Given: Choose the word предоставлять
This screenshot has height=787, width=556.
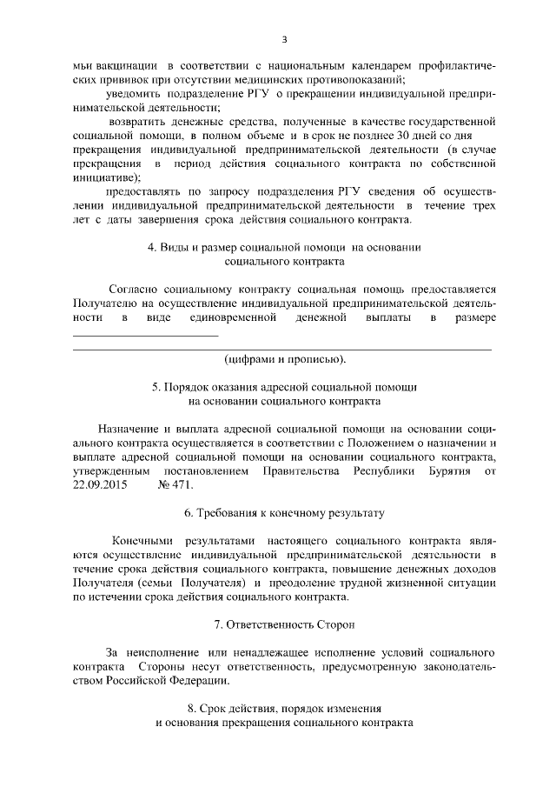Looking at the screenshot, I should (145, 191).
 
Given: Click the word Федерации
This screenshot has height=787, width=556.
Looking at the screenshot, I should (190, 681).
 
